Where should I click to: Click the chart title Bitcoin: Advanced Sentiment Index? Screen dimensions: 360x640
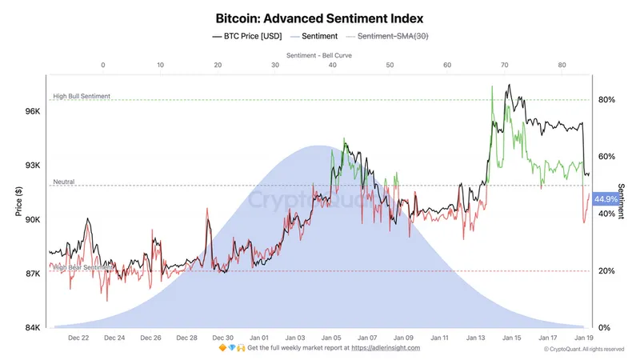click(320, 17)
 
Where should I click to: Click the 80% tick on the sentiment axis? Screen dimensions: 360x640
click(606, 100)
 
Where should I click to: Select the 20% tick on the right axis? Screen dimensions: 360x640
click(606, 271)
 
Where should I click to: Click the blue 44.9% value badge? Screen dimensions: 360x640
click(606, 199)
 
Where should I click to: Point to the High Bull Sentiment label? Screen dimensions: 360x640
click(82, 96)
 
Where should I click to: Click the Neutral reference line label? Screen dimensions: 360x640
click(64, 182)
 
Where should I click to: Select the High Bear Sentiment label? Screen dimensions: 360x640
click(82, 267)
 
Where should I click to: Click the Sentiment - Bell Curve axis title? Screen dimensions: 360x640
click(319, 55)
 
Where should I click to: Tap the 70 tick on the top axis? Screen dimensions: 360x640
click(505, 66)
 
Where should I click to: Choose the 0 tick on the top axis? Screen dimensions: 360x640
click(103, 66)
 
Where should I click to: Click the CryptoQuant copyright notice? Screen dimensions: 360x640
click(584, 349)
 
